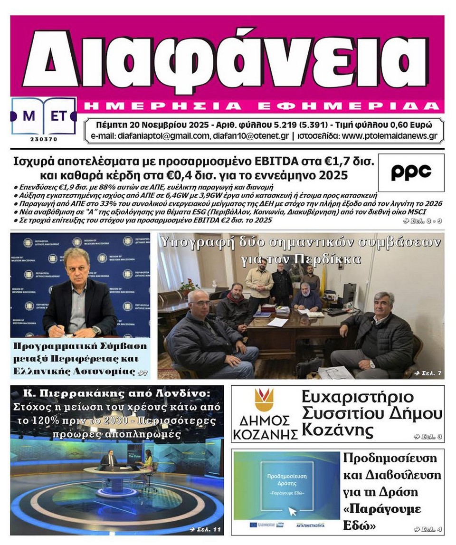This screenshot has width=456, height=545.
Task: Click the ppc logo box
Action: tap(411, 172)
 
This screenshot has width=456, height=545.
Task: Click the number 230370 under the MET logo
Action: tap(44, 139)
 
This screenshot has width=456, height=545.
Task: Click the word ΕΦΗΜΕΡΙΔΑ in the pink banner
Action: tap(371, 105)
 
